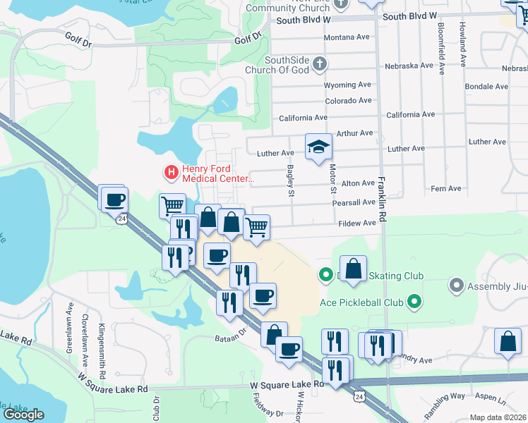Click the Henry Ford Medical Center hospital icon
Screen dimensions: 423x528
click(171, 171)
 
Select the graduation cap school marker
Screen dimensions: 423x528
click(318, 147)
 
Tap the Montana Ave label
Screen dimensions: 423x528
click(347, 37)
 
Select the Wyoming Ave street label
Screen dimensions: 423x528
click(347, 85)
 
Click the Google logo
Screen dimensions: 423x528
click(24, 414)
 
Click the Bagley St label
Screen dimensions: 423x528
click(290, 180)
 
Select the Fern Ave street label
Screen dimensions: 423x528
click(445, 188)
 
